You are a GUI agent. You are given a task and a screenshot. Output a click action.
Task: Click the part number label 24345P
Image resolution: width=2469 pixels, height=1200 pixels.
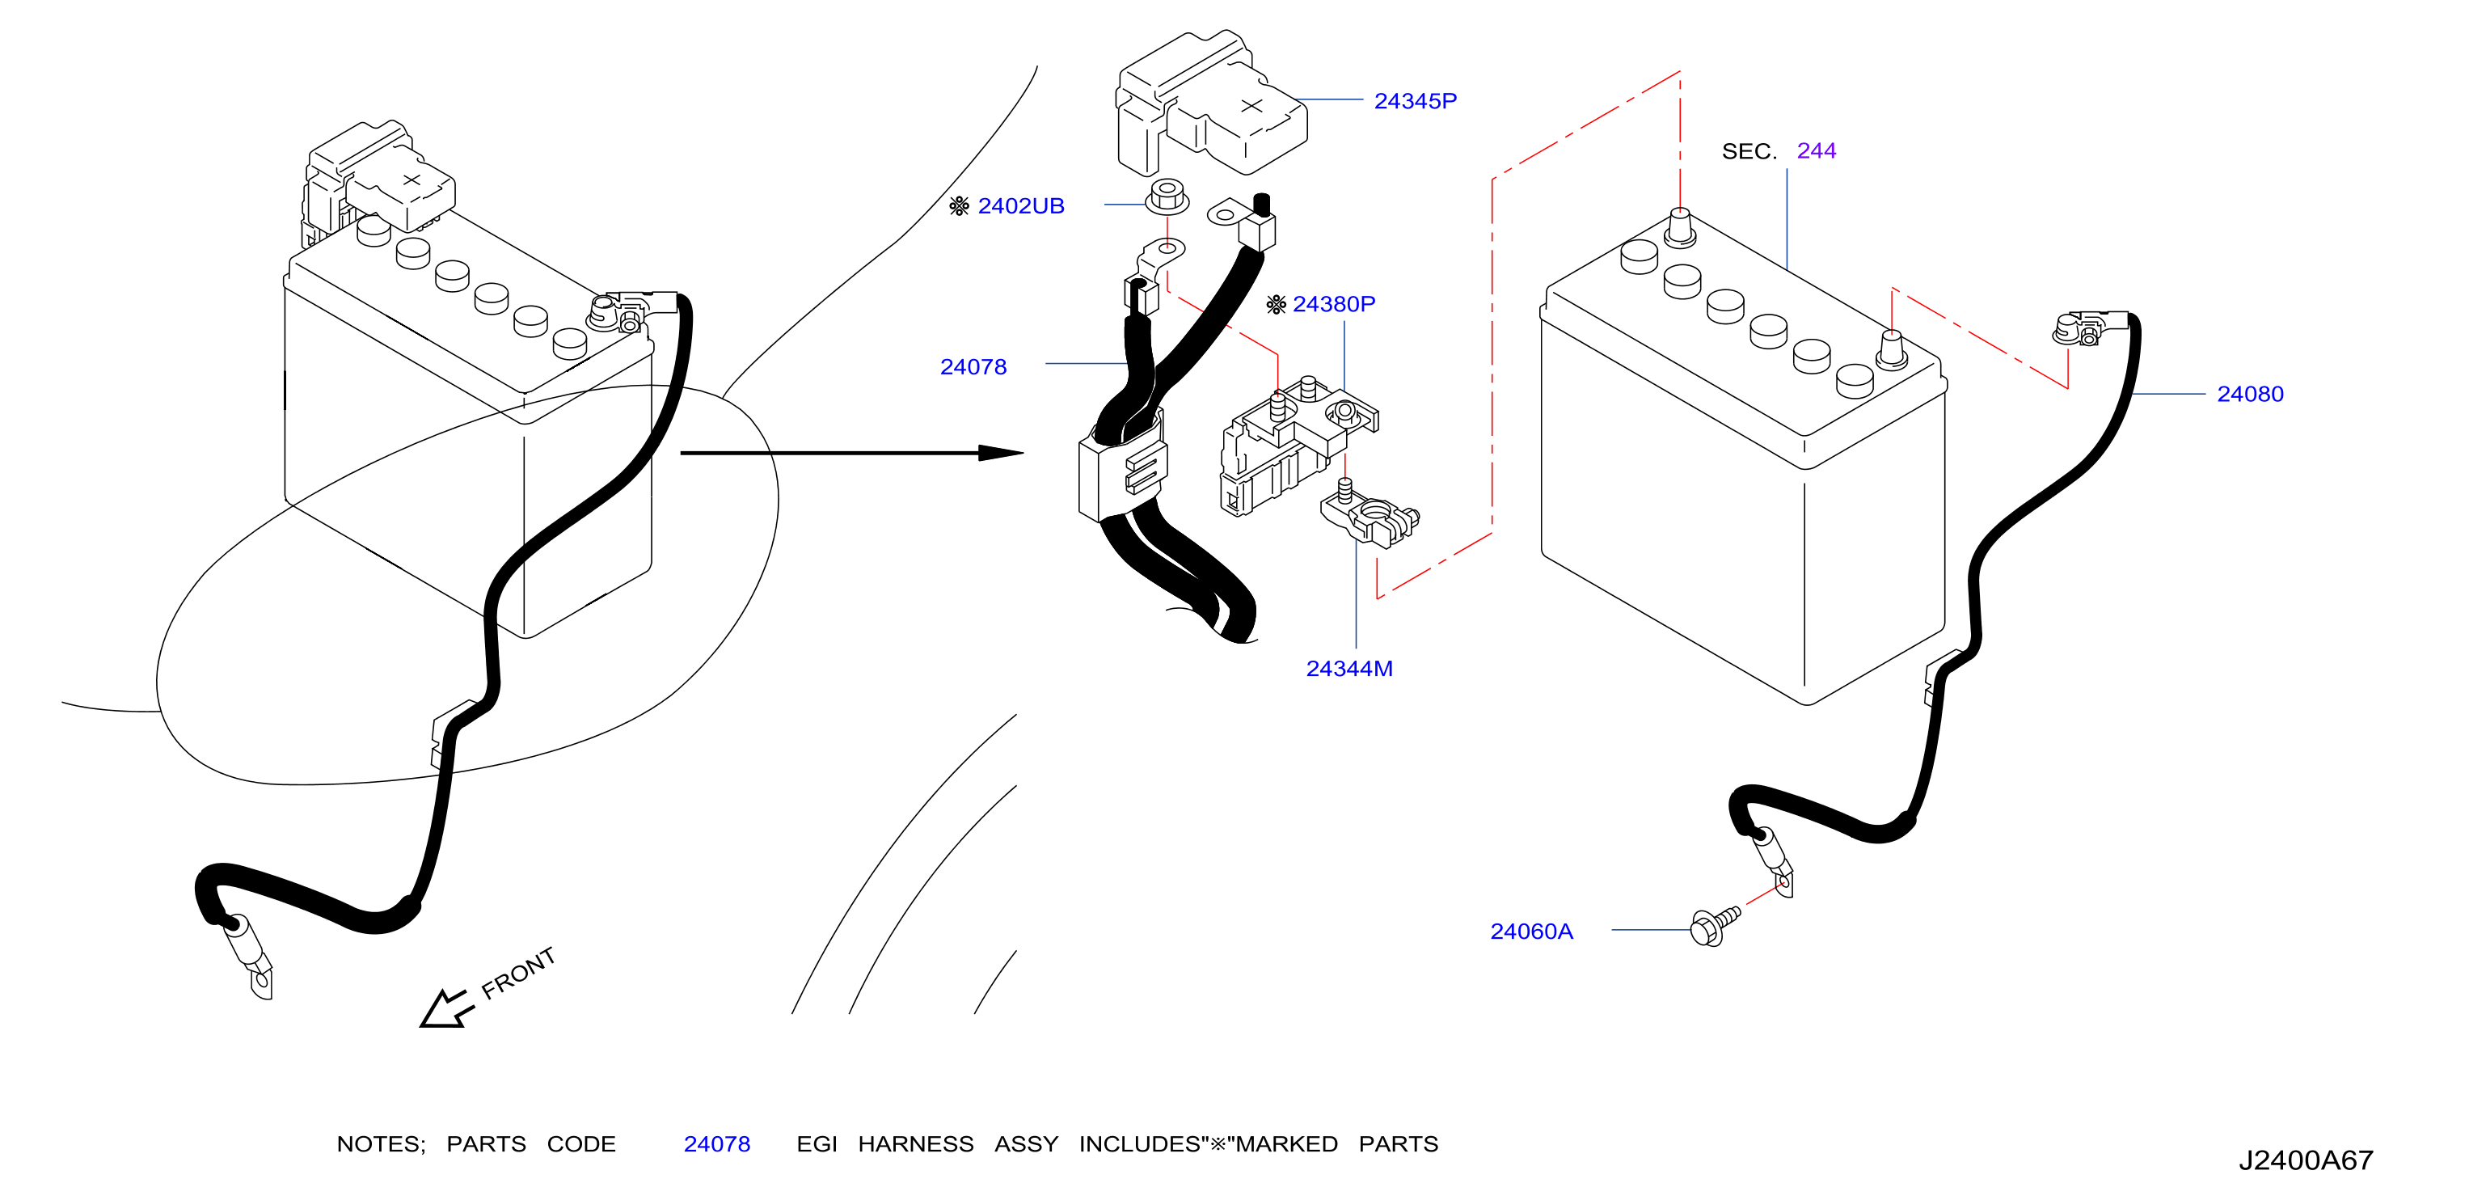(1415, 100)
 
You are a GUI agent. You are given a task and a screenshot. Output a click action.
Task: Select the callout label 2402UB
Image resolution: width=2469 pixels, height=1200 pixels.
(1021, 206)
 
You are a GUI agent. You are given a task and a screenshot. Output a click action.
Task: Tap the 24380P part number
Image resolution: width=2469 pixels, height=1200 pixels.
(1333, 304)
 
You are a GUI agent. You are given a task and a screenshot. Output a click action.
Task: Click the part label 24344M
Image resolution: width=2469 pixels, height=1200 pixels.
(1348, 669)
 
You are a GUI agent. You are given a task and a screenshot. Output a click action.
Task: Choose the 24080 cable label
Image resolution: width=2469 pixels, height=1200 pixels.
(2250, 394)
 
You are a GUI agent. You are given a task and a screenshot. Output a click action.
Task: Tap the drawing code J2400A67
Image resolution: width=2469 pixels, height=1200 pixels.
(2305, 1160)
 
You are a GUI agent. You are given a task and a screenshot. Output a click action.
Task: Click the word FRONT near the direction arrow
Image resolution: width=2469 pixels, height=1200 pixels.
(517, 973)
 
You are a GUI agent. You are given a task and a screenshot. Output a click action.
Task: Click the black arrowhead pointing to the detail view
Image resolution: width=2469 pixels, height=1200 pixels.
(1001, 452)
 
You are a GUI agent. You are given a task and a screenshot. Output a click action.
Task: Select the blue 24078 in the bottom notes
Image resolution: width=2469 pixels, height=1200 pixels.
(717, 1144)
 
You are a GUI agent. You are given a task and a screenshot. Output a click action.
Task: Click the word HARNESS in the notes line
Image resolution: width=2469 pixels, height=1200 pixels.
(915, 1144)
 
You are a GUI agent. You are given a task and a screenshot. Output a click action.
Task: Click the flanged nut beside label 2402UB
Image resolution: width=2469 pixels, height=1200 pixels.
(1167, 196)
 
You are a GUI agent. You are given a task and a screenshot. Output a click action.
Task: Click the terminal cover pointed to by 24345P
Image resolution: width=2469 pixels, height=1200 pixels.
(1209, 105)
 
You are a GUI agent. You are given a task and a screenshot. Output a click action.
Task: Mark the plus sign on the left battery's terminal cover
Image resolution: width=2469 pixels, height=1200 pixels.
(411, 180)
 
